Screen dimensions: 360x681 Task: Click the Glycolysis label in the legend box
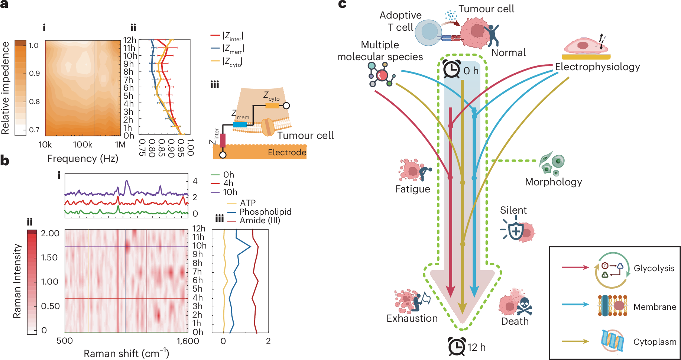654,268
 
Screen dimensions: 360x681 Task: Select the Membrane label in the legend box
655,307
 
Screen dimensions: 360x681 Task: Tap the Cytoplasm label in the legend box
655,342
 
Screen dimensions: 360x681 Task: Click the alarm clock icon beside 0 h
452,69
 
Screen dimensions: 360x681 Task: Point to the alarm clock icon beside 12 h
457,347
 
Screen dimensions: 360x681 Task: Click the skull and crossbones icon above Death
525,306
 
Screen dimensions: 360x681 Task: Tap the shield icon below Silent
516,231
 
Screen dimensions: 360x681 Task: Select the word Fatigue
412,189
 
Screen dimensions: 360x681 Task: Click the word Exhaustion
412,318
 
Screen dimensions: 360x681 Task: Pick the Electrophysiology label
597,67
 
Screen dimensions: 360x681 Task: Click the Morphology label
553,182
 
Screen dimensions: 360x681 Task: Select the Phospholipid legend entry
265,212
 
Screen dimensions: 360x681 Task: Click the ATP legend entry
248,203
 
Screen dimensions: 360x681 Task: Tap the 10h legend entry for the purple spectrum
230,192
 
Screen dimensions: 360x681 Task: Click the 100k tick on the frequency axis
82,145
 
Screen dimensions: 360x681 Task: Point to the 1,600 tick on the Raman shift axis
188,341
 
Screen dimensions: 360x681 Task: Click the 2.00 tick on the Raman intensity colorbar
50,233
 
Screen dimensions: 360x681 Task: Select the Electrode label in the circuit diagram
287,152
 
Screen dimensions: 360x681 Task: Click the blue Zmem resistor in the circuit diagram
240,125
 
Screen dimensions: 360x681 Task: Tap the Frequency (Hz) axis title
82,159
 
